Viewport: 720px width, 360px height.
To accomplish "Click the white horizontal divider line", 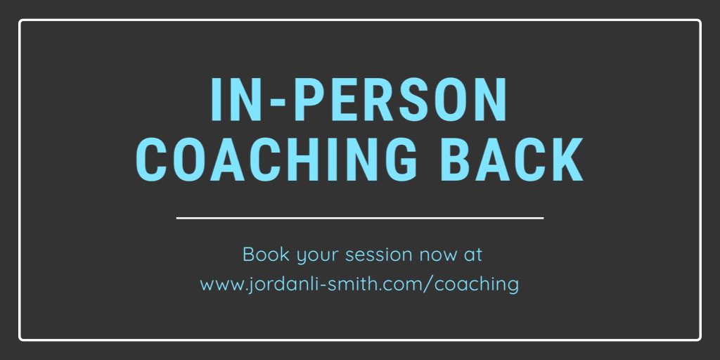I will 359,218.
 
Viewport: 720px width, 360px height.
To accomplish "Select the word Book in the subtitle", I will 262,254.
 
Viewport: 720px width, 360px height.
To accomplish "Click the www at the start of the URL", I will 219,285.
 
